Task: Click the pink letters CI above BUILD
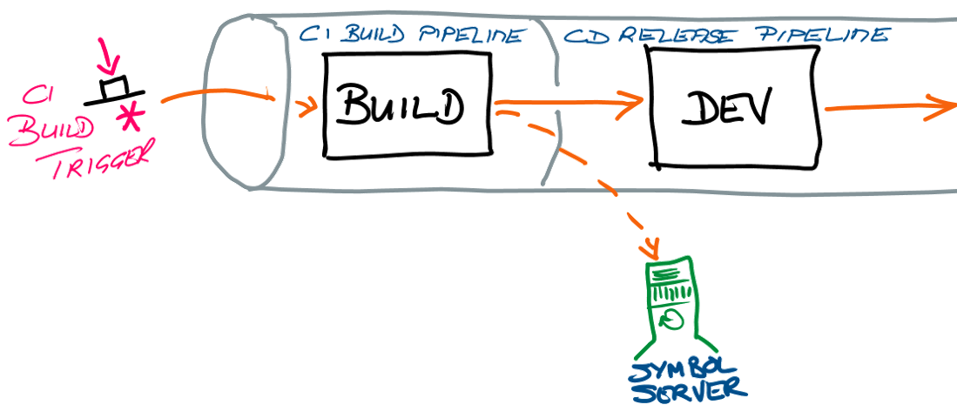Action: coord(34,94)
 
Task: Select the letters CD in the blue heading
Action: coord(578,37)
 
